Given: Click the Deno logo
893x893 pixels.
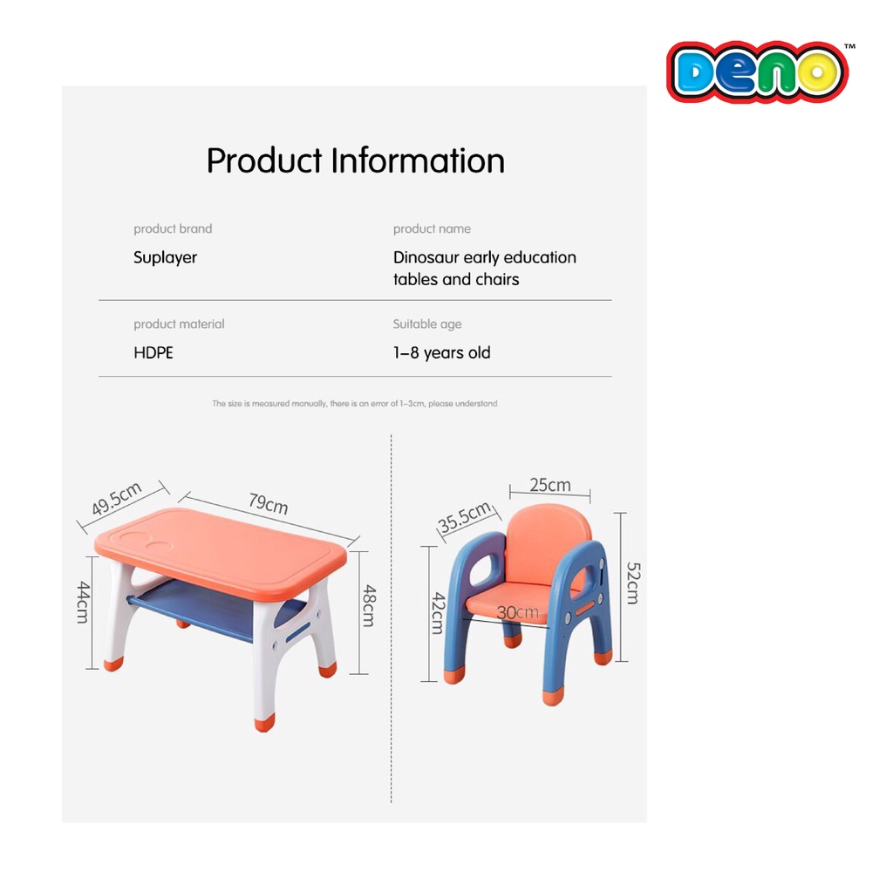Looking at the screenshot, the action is coord(758,72).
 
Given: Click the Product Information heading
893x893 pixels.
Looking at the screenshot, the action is coord(356,160).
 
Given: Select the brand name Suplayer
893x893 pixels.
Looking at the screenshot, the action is coord(165,257).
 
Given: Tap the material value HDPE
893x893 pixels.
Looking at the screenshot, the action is coord(153,352).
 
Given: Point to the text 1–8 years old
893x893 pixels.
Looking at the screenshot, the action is coord(441,353).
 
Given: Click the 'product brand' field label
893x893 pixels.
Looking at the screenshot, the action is coord(173,228).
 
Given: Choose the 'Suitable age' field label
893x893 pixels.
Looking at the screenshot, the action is coord(427,324).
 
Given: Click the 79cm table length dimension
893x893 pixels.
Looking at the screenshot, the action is coord(269,503).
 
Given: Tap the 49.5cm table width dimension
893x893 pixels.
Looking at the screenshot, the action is coord(117,498).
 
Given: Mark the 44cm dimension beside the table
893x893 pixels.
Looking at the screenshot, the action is coord(83,602).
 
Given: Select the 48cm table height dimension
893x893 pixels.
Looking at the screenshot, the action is coord(369,605).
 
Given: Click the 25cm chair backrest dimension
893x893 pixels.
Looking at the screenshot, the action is coord(549,485).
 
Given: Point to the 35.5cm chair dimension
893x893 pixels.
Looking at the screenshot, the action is coord(465,516).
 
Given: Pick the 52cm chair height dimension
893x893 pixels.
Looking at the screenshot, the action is coord(633,583).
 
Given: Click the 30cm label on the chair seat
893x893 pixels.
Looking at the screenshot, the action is coord(517,613).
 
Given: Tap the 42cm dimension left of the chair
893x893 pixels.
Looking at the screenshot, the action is coord(438,613).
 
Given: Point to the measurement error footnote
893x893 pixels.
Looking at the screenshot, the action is coord(355,403).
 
